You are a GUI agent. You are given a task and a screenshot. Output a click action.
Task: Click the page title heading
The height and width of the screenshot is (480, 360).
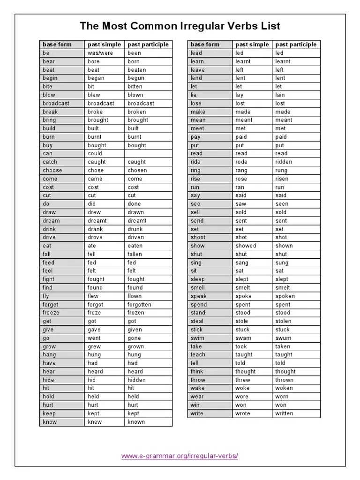180,26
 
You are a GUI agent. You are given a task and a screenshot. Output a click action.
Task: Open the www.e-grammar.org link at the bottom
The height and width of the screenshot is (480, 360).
180,456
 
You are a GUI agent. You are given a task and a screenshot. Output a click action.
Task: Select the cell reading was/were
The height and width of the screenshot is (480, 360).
100,53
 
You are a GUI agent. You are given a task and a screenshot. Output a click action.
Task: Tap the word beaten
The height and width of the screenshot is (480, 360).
137,70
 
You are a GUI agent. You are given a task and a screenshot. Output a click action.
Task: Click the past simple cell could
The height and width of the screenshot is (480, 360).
95,153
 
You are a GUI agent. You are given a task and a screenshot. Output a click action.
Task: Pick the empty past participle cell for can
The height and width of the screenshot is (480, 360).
149,153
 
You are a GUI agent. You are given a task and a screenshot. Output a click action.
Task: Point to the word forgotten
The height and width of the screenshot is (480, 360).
139,304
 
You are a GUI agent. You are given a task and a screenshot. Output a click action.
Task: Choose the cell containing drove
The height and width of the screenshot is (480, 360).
95,237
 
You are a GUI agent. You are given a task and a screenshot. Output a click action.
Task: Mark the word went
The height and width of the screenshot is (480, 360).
94,338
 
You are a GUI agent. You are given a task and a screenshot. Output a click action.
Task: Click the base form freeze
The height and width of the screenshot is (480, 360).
51,313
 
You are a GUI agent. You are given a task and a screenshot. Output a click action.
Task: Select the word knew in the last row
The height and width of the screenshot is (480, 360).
94,422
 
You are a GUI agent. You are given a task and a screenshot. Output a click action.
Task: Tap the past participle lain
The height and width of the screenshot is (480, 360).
280,95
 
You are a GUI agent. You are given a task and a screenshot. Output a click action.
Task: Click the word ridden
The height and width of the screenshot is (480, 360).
284,162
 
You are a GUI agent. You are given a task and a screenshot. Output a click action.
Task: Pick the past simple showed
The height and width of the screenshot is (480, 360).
246,246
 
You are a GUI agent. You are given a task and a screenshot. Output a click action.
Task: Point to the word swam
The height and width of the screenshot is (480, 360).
243,338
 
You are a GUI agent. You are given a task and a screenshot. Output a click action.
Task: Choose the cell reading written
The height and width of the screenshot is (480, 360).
284,413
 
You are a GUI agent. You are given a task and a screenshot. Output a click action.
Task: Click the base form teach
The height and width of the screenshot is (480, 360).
198,355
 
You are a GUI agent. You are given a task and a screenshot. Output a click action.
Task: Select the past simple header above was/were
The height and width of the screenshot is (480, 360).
104,45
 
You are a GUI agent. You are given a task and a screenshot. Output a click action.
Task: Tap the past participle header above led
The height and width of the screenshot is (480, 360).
296,45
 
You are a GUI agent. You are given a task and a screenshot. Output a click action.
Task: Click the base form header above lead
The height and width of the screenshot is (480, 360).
205,45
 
